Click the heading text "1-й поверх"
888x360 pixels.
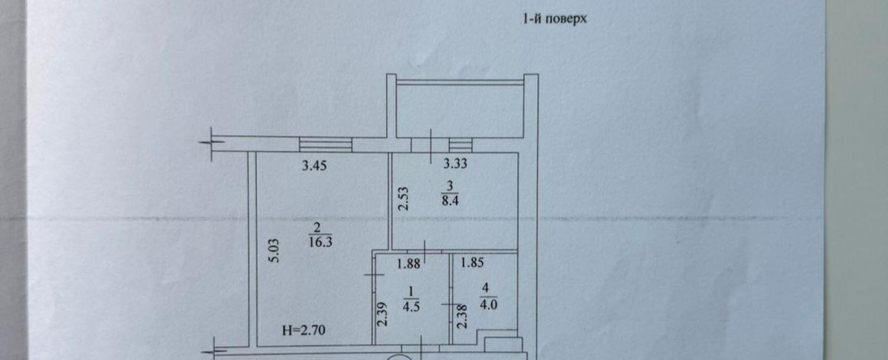554,19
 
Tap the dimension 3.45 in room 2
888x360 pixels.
314,166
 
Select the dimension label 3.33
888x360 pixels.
455,163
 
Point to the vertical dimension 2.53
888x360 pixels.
403,199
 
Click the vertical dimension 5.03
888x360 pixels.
275,251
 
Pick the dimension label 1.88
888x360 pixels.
409,264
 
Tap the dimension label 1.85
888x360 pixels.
472,263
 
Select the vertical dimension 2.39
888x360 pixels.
382,315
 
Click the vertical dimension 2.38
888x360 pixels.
462,316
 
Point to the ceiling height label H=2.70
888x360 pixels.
303,330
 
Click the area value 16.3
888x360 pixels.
321,242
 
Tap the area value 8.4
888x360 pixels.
450,201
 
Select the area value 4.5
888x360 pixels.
411,306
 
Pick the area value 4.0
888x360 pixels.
488,305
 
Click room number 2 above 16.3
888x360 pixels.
317,227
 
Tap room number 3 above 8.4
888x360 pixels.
449,186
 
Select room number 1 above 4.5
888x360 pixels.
411,292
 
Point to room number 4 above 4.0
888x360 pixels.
485,288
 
